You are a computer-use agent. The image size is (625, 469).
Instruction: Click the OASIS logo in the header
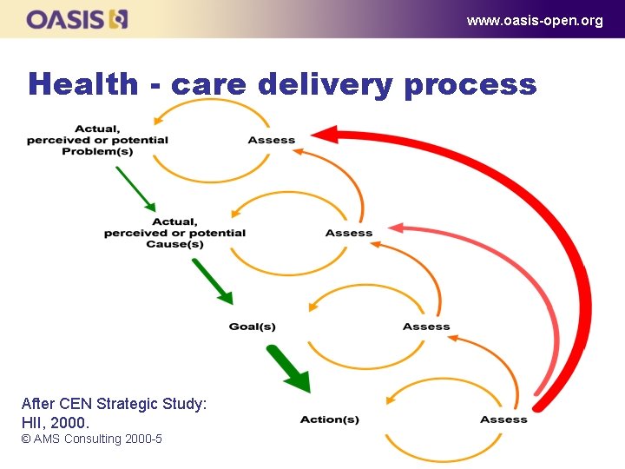click(77, 19)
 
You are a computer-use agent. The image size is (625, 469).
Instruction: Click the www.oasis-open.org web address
click(534, 21)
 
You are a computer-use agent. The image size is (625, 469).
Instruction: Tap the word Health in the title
click(82, 84)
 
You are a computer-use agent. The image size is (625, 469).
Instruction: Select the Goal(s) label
click(252, 327)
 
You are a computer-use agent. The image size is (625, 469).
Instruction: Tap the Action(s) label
click(329, 419)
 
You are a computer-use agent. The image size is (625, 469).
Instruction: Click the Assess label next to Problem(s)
click(272, 140)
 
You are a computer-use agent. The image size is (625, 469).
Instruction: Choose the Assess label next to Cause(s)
click(349, 233)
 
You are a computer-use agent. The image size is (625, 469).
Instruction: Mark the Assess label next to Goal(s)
click(426, 327)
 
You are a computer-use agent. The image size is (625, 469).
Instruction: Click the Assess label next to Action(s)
click(503, 419)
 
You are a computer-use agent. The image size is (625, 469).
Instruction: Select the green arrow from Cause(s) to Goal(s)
click(213, 281)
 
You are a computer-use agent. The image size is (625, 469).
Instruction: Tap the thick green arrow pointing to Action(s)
click(288, 368)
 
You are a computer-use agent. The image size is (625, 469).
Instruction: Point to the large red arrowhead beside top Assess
click(323, 134)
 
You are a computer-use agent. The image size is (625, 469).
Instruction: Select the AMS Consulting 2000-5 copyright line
click(92, 439)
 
